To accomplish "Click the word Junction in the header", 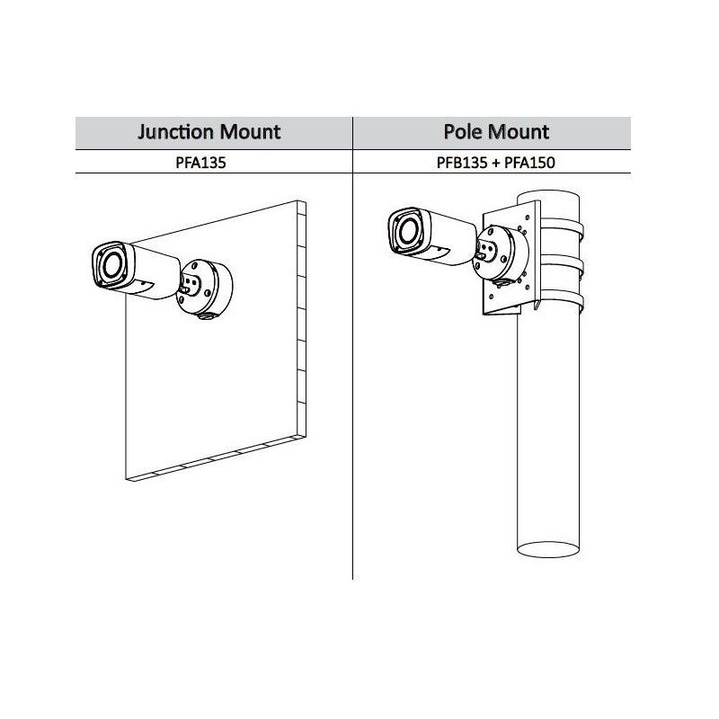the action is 176,132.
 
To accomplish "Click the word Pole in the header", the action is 462,132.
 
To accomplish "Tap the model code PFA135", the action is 200,163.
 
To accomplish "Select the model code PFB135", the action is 462,163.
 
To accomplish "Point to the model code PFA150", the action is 529,163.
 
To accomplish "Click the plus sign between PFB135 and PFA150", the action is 496,164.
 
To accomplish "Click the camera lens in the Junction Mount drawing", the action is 111,265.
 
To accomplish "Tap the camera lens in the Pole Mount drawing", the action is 408,231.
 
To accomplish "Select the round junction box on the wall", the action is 205,288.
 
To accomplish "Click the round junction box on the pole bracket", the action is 501,253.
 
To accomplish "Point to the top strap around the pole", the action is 561,228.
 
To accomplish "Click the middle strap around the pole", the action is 561,265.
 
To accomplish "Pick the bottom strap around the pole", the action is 561,302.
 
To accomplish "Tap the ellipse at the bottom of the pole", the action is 548,549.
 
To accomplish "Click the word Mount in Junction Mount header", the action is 250,132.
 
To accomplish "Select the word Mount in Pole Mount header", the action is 518,132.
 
